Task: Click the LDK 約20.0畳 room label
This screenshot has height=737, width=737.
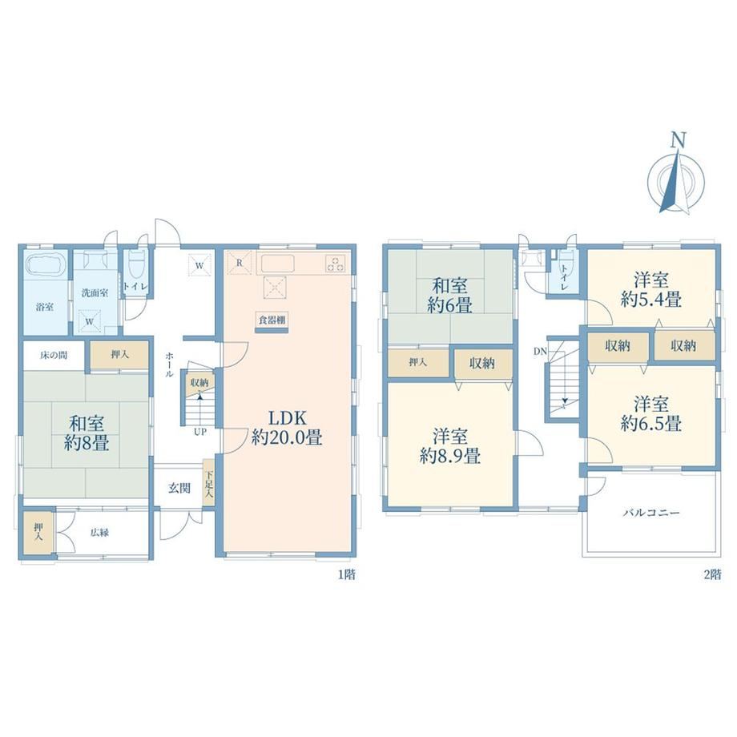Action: click(287, 428)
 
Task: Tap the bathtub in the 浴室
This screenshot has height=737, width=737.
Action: click(45, 265)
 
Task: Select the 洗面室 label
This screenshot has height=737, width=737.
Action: click(95, 293)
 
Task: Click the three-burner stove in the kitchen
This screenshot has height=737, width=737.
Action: click(336, 264)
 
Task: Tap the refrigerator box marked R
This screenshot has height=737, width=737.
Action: click(239, 263)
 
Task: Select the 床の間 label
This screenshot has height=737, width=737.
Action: click(54, 356)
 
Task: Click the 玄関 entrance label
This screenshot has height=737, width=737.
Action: click(179, 489)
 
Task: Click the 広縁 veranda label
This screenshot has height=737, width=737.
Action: click(99, 533)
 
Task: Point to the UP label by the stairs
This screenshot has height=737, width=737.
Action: click(200, 432)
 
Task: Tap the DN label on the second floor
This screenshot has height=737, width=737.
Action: click(540, 351)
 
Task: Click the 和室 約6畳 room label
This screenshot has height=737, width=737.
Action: click(450, 296)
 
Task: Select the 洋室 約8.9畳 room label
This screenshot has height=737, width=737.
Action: click(450, 446)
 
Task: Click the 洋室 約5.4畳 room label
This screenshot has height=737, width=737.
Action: click(651, 289)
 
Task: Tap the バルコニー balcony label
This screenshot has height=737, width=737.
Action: click(651, 513)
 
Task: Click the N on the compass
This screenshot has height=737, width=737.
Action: click(678, 140)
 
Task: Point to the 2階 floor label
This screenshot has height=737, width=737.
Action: click(712, 574)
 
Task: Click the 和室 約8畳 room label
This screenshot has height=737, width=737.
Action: click(87, 433)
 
